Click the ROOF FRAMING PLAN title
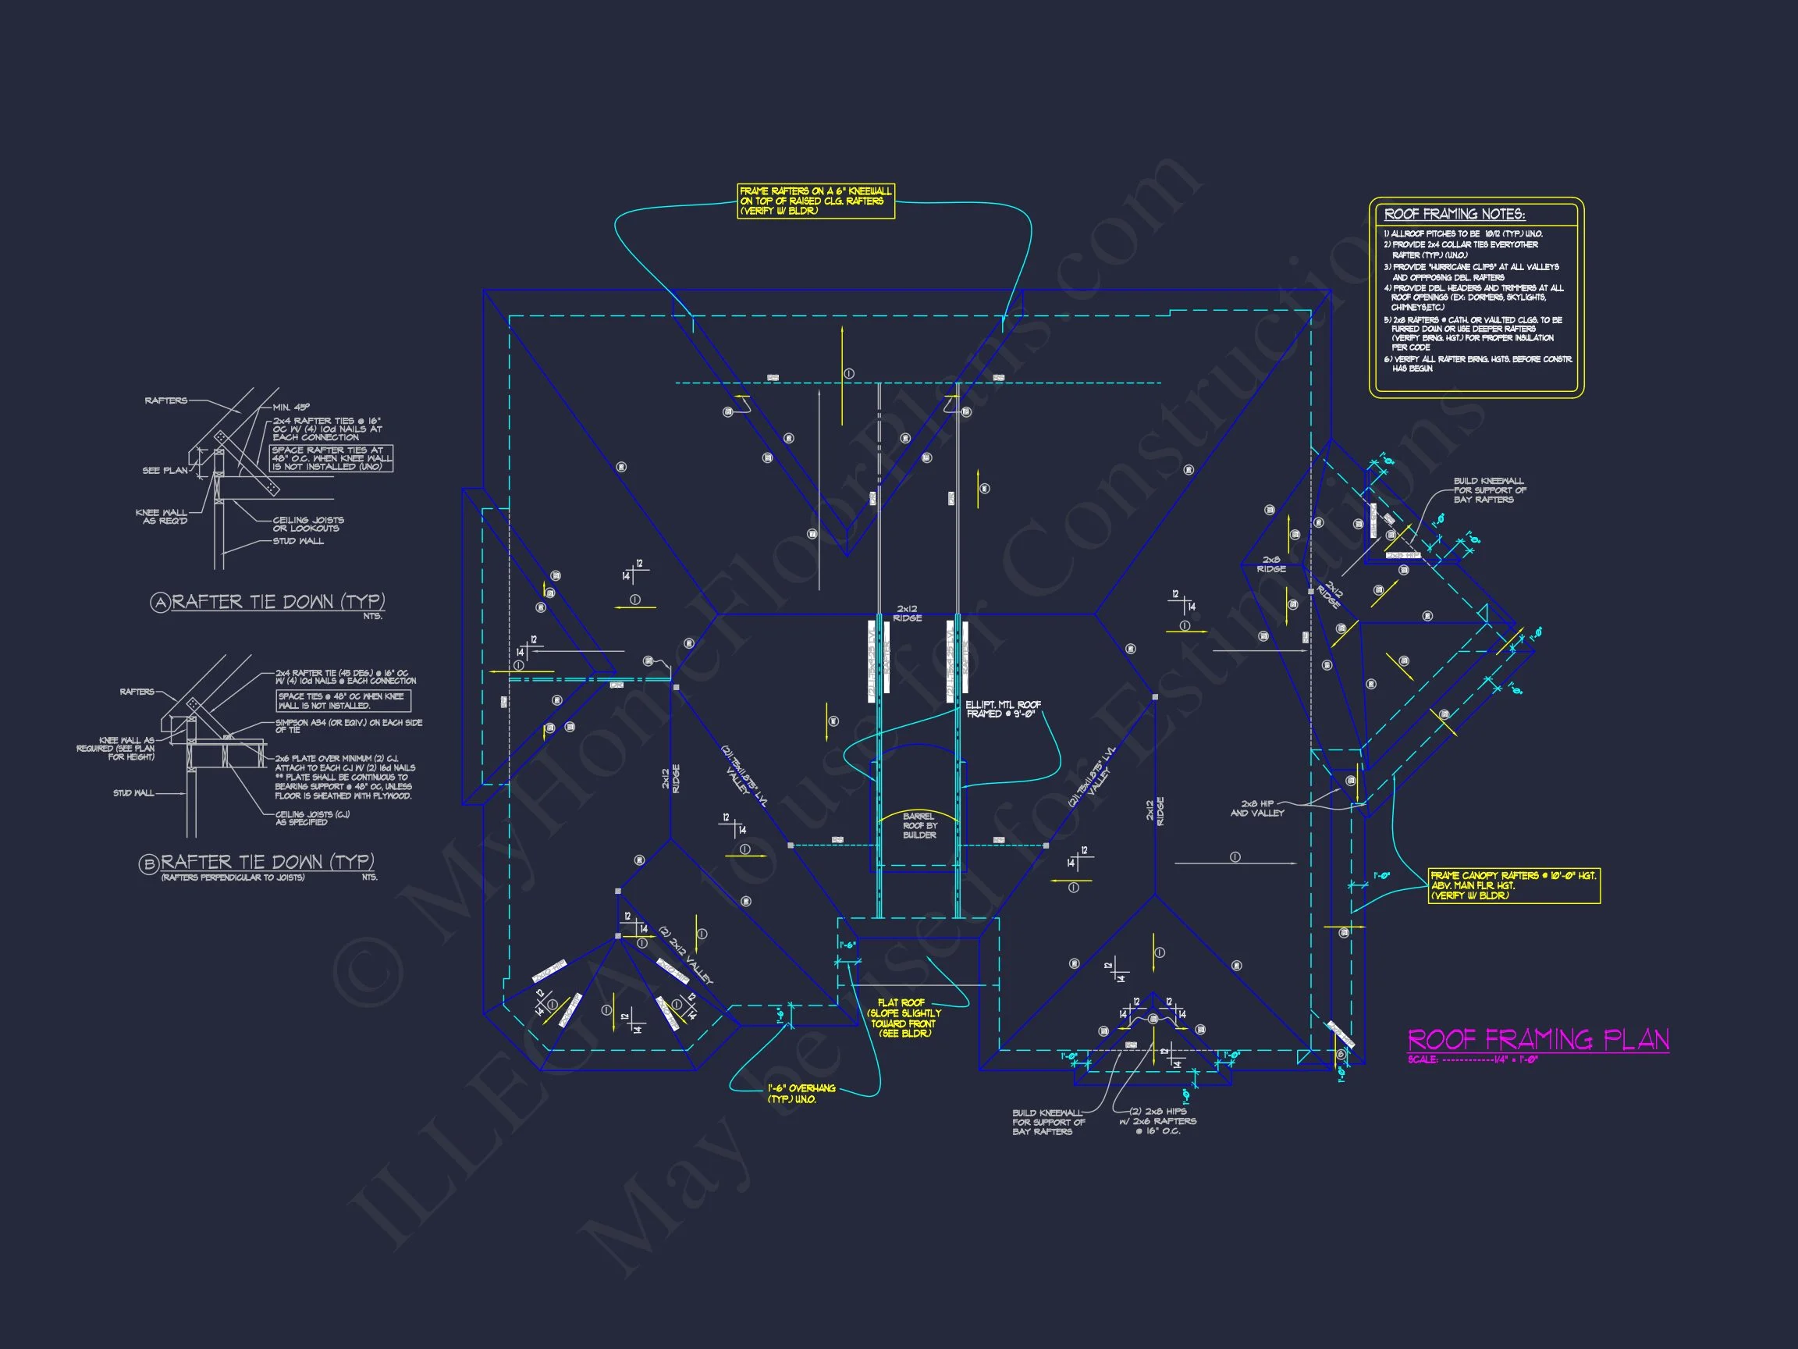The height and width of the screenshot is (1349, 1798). pos(1537,1040)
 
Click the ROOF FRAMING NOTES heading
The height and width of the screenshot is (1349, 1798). pos(1454,214)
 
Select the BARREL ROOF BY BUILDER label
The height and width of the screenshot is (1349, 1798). pos(919,825)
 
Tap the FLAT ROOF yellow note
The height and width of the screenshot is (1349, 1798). pos(904,1018)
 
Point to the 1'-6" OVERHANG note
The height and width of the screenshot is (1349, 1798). pos(801,1094)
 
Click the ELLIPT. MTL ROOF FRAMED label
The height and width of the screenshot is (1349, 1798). pos(1002,709)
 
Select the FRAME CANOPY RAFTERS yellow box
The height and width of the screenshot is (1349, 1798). pos(1513,885)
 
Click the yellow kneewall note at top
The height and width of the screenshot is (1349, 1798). pos(815,201)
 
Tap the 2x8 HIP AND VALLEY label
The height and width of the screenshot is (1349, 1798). pos(1256,807)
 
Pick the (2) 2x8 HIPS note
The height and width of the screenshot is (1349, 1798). pos(1157,1120)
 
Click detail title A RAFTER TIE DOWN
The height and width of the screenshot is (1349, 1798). pos(268,602)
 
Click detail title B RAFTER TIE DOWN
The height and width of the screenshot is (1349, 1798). pos(258,862)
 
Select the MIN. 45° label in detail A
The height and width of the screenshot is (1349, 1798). pos(291,408)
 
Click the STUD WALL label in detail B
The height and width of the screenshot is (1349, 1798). pos(133,793)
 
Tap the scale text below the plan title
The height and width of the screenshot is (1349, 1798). pos(1472,1059)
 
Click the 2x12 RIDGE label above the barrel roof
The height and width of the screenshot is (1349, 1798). pos(907,613)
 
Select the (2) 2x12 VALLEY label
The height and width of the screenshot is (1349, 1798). pos(684,956)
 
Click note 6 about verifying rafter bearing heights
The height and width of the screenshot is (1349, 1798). pos(1478,364)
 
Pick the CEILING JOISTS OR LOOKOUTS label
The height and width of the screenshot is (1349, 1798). pos(307,524)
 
